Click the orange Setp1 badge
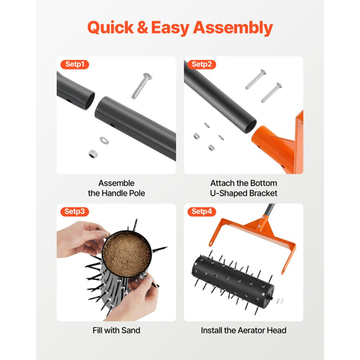click(x=75, y=64)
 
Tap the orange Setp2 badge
click(x=202, y=64)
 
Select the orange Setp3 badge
click(x=75, y=212)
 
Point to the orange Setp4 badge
click(x=202, y=212)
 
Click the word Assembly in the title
click(x=233, y=28)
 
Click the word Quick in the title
click(x=111, y=27)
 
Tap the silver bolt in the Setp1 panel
click(x=142, y=86)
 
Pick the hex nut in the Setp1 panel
click(x=92, y=154)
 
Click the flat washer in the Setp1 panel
click(x=104, y=140)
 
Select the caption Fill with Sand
click(x=117, y=330)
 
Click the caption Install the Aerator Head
click(x=243, y=330)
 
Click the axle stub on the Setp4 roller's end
click(x=271, y=297)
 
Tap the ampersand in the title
click(x=143, y=27)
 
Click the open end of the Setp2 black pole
click(x=251, y=126)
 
